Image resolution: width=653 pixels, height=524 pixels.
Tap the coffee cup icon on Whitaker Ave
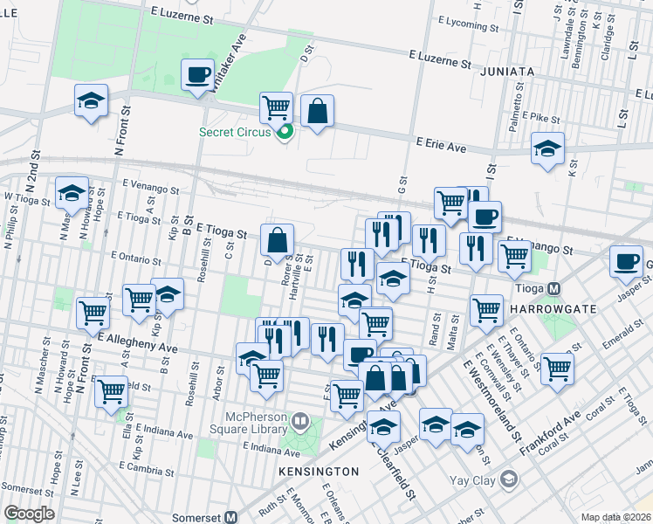tap(198, 73)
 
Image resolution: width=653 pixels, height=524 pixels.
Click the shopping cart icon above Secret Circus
tap(277, 108)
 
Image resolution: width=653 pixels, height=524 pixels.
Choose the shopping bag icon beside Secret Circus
tap(317, 111)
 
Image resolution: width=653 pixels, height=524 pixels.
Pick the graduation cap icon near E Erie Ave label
tap(547, 148)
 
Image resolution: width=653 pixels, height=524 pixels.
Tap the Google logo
tap(28, 514)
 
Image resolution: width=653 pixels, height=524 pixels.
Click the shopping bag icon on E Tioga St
tap(278, 240)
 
